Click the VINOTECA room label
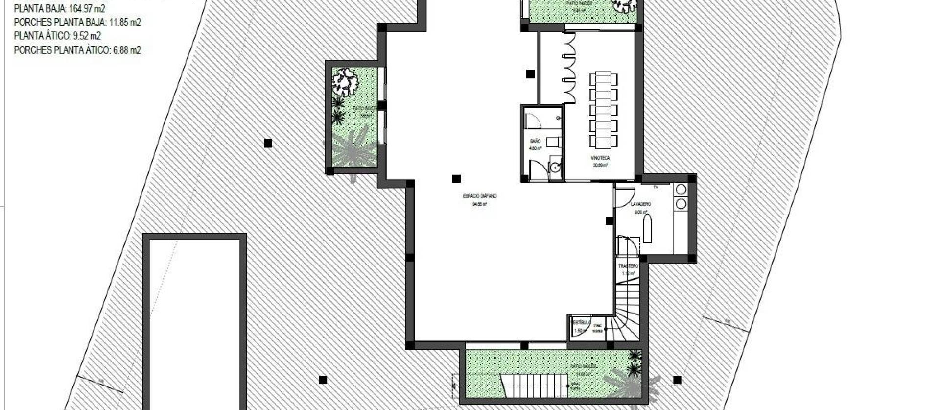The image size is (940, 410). click(x=601, y=158)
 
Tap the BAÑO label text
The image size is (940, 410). click(x=535, y=141)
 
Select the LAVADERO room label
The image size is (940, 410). click(x=641, y=204)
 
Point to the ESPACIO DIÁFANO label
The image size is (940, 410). click(x=479, y=196)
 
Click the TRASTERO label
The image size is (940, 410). click(x=628, y=266)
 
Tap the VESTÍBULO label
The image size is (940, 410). click(x=581, y=323)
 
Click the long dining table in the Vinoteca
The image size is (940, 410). click(x=603, y=110)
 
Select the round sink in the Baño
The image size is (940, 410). click(x=555, y=168)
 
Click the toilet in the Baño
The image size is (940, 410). click(x=553, y=142)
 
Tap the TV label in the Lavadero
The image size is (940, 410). click(x=655, y=187)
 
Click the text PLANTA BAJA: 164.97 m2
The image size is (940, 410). click(x=59, y=9)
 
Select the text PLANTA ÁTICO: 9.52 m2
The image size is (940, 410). click(x=57, y=36)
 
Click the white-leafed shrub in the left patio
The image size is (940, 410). click(x=346, y=82)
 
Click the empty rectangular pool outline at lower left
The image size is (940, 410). click(x=194, y=323)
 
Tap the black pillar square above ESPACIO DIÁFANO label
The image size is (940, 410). click(x=456, y=179)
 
